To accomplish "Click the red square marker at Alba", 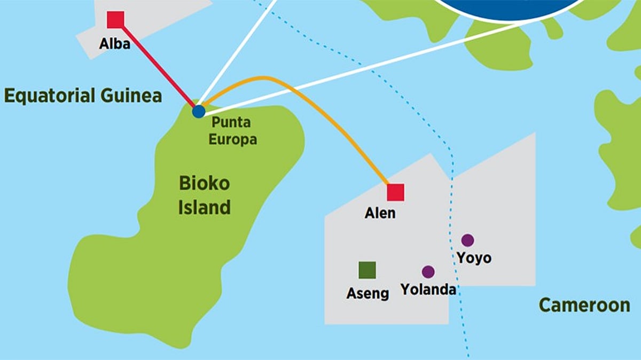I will (x=115, y=19).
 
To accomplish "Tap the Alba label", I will (x=114, y=43).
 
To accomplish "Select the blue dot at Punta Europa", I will (x=199, y=111).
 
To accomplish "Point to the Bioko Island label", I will (x=204, y=195).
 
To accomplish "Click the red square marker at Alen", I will (x=395, y=192).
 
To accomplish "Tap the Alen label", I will (x=380, y=213).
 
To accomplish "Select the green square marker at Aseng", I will (x=367, y=270).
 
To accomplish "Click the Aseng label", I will (x=368, y=293).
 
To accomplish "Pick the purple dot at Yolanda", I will (x=428, y=272).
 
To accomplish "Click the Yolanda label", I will (x=428, y=289).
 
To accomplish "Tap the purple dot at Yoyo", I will (x=467, y=240).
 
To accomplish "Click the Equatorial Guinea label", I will (x=83, y=96).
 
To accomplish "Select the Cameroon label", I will (x=584, y=305).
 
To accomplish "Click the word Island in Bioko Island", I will (x=204, y=207).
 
